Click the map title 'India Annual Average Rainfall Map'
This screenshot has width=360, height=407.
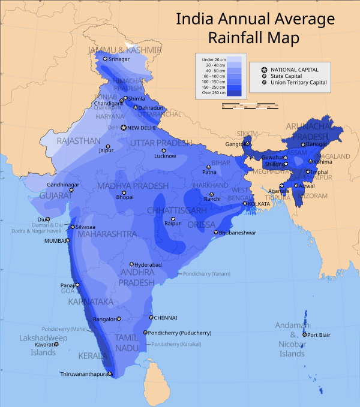click(x=254, y=28)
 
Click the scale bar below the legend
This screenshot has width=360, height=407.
click(x=249, y=106)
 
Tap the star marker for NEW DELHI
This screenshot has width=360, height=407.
click(x=124, y=128)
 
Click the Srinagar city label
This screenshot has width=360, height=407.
click(x=119, y=59)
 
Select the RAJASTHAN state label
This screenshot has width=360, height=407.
click(x=79, y=141)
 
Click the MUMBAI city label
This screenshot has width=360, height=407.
click(x=56, y=240)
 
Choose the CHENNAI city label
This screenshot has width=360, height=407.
click(x=166, y=318)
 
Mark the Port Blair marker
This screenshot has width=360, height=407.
click(x=305, y=334)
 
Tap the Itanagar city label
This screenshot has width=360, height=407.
click(x=316, y=144)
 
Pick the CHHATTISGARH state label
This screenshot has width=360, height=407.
click(x=177, y=210)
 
